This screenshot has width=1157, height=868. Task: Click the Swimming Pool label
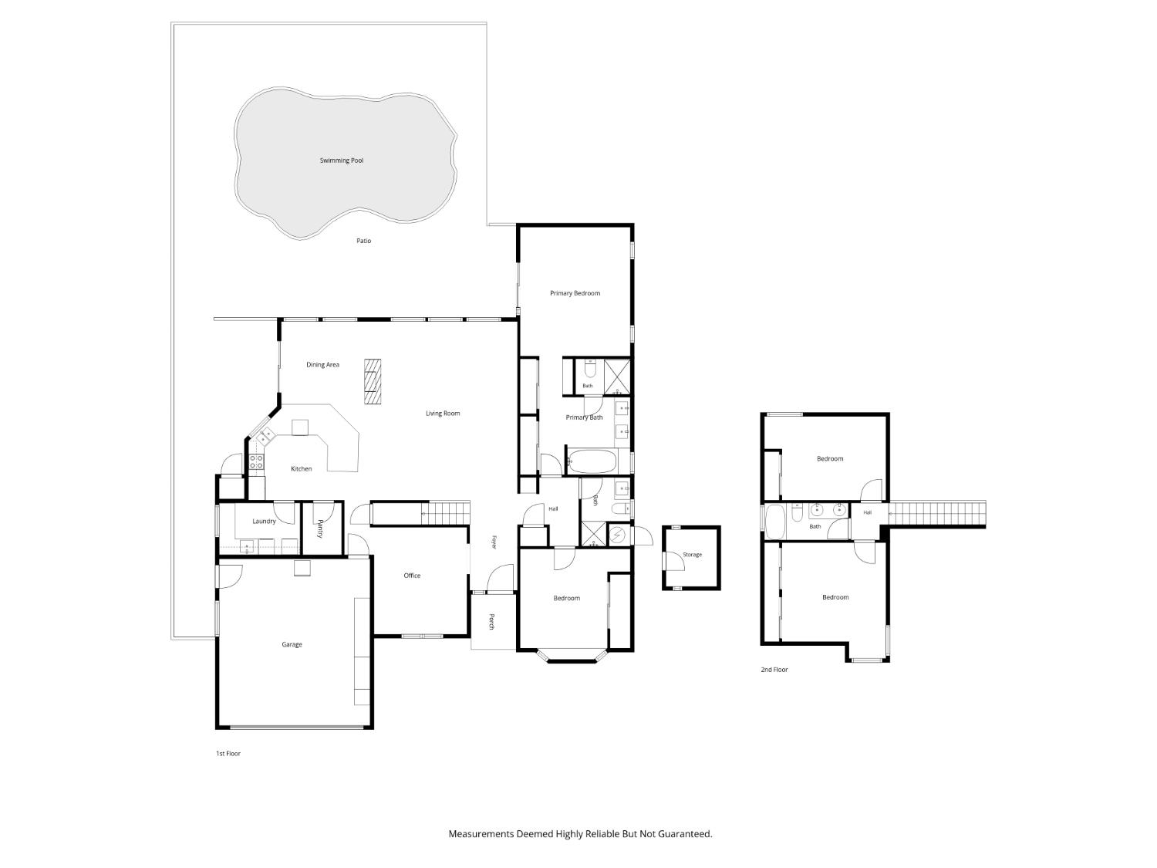click(x=341, y=160)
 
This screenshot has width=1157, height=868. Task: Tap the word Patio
click(x=363, y=241)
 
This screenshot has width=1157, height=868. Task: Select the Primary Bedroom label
click(x=575, y=293)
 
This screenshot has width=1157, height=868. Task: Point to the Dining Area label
click(x=322, y=365)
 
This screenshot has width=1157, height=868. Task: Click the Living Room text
click(x=442, y=414)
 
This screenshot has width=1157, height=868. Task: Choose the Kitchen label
click(x=301, y=468)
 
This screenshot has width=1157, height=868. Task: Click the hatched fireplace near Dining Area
click(x=372, y=382)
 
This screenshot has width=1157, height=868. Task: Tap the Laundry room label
click(x=264, y=522)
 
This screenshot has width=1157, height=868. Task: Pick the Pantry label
click(x=320, y=529)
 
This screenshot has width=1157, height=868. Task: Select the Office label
click(x=412, y=576)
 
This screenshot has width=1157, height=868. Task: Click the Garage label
click(x=292, y=644)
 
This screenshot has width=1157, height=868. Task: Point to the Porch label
click(x=491, y=621)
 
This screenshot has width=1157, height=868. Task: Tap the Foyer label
click(x=494, y=542)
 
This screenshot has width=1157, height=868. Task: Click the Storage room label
click(x=692, y=555)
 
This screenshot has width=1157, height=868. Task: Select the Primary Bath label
click(x=584, y=417)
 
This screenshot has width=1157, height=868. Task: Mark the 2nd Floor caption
click(x=774, y=670)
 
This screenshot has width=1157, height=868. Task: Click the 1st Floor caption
click(x=228, y=754)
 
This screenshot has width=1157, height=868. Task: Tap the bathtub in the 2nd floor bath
click(x=776, y=522)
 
